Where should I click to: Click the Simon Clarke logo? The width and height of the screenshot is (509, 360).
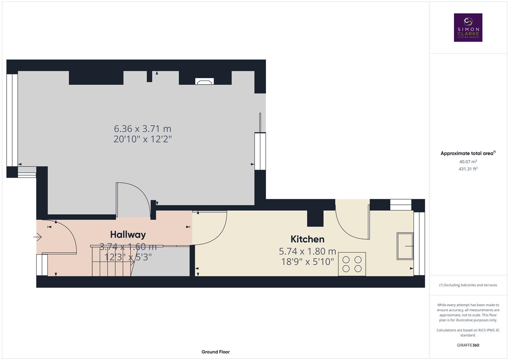click(x=468, y=27)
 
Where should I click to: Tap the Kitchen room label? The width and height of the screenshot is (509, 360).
click(x=307, y=239)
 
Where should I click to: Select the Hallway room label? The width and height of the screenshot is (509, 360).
click(x=128, y=235)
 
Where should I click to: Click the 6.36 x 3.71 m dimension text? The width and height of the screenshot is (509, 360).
click(x=143, y=128)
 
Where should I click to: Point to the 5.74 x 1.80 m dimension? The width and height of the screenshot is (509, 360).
click(x=307, y=251)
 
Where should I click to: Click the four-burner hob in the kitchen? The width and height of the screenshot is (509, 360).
click(x=352, y=264)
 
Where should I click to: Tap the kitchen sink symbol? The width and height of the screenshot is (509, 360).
click(x=405, y=246)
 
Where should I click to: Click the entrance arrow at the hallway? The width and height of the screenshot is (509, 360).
click(x=37, y=237)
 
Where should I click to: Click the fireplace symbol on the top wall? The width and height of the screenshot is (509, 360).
click(x=204, y=81)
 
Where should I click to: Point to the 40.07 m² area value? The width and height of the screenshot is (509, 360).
click(x=468, y=162)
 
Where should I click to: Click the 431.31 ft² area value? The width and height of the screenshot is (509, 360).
click(x=468, y=169)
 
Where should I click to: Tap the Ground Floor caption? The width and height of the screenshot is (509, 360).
click(x=215, y=352)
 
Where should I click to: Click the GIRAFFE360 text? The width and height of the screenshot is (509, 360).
click(x=468, y=345)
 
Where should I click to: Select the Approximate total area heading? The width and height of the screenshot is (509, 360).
click(x=468, y=153)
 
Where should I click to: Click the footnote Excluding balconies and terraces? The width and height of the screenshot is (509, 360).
click(x=468, y=285)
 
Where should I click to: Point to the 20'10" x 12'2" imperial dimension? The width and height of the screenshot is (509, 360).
click(x=143, y=139)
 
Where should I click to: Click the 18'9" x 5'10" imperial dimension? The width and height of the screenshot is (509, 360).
click(x=307, y=262)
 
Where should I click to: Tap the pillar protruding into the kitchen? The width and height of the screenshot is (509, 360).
click(x=315, y=218)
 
